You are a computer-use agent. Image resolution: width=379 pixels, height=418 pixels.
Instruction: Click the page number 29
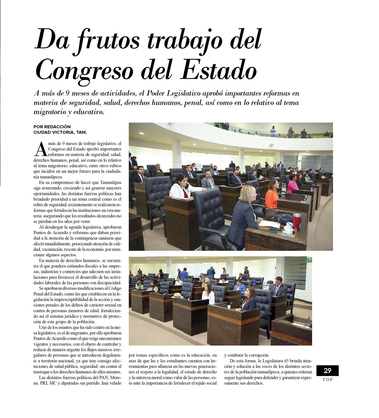point(327,371)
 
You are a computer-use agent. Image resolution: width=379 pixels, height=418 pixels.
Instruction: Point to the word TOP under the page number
point(327,380)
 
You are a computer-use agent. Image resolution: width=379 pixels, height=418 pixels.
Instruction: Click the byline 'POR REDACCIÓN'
point(52,127)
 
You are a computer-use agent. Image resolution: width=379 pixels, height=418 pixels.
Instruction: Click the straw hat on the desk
point(177,296)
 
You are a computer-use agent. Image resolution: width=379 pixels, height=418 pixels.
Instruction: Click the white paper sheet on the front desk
point(269,223)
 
